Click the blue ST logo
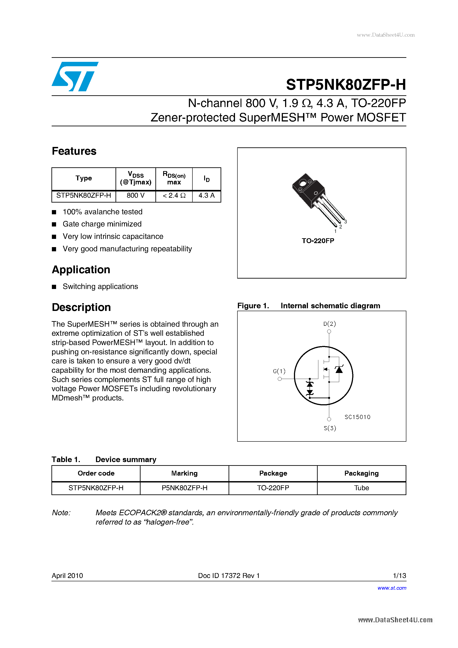pyautogui.click(x=75, y=76)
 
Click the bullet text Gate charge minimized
pyautogui.click(x=102, y=224)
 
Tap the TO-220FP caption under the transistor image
pyautogui.click(x=318, y=241)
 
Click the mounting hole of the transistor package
pyautogui.click(x=303, y=183)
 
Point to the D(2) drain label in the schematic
pyautogui.click(x=329, y=324)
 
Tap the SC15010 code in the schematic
pyautogui.click(x=357, y=417)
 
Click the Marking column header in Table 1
pyautogui.click(x=184, y=473)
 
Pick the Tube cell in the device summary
pyautogui.click(x=361, y=488)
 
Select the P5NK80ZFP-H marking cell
pyautogui.click(x=184, y=488)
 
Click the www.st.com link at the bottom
pyautogui.click(x=392, y=588)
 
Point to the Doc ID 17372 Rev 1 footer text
pyautogui.click(x=229, y=576)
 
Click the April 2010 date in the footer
pyautogui.click(x=67, y=576)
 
